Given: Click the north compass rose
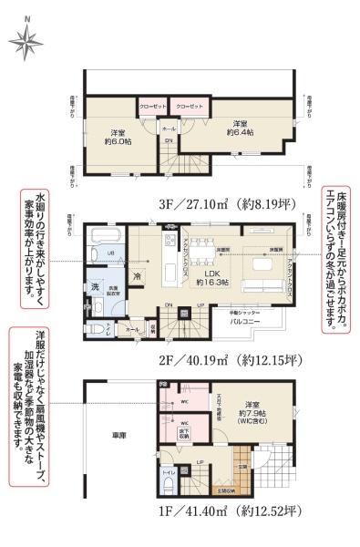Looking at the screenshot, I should (26, 38).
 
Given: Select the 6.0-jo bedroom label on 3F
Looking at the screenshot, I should (116, 136).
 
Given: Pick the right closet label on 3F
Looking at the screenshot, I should (188, 107).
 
